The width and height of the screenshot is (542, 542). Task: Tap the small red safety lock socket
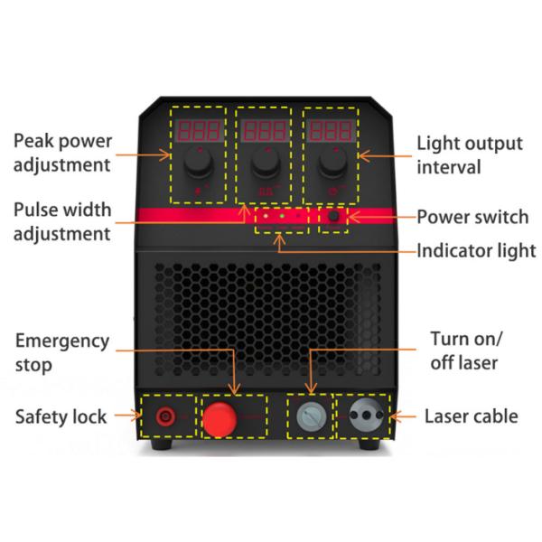click(x=166, y=417)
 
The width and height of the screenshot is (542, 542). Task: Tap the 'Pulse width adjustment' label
click(x=62, y=222)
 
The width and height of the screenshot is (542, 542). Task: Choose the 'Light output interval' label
click(x=469, y=155)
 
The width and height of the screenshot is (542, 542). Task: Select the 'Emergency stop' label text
click(x=62, y=353)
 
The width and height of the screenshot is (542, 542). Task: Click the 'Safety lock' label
click(x=61, y=416)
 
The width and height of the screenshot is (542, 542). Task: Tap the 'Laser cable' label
click(x=472, y=416)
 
